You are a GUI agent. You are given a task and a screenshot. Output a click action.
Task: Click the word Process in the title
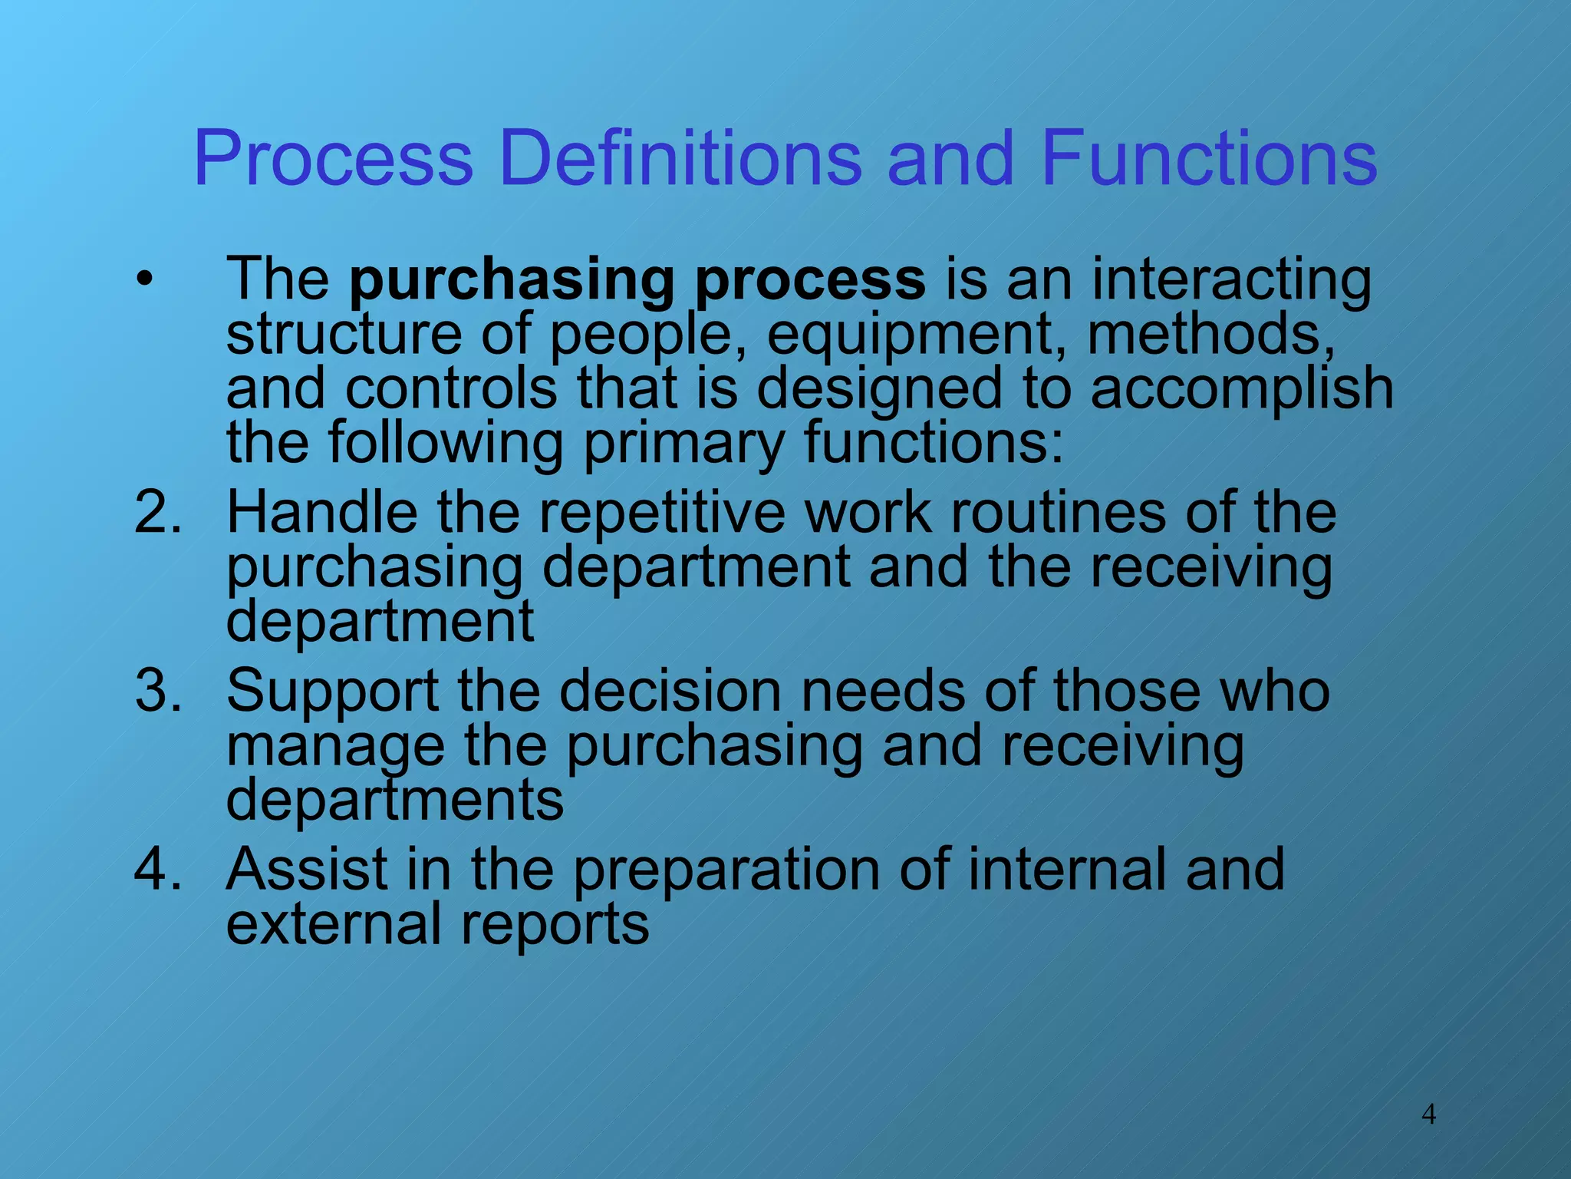pyautogui.click(x=334, y=158)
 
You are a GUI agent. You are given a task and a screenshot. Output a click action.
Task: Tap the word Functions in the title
pyautogui.click(x=1209, y=158)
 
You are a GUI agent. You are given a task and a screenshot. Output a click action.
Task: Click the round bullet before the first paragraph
pyautogui.click(x=144, y=280)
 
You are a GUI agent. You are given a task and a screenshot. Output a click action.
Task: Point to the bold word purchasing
pyautogui.click(x=512, y=280)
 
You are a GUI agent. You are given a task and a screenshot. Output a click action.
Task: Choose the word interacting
pyautogui.click(x=1231, y=280)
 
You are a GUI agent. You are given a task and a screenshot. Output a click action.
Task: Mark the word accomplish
pyautogui.click(x=1241, y=388)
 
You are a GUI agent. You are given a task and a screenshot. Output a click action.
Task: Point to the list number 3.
pyautogui.click(x=157, y=691)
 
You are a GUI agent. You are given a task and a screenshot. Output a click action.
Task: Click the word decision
pyautogui.click(x=670, y=691)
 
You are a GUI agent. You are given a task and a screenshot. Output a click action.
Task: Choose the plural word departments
pyautogui.click(x=395, y=800)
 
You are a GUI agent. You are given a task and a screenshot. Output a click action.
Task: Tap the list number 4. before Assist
pyautogui.click(x=157, y=869)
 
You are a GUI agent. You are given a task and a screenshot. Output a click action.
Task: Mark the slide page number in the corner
pyautogui.click(x=1428, y=1113)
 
